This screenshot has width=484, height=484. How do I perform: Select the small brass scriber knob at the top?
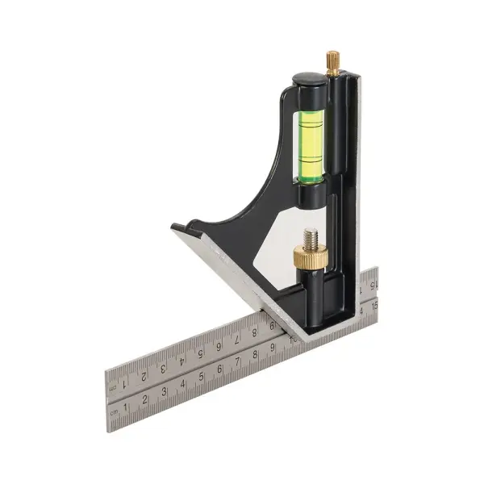(x=332, y=61)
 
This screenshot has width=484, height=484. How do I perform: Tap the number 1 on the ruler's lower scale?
(x=126, y=408)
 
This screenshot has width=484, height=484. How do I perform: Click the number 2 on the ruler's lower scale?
(x=145, y=400)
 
